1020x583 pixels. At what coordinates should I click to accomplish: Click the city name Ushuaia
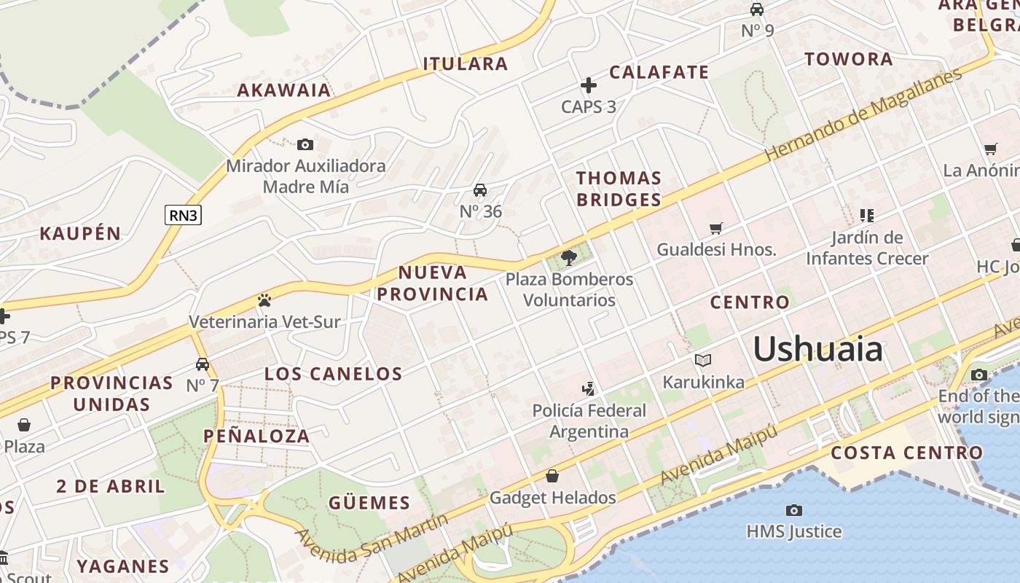point(817,349)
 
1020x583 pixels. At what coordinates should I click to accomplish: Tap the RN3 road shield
point(183,214)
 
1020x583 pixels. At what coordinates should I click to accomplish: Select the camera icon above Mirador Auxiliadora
point(305,144)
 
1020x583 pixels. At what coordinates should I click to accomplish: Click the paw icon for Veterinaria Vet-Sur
point(264,300)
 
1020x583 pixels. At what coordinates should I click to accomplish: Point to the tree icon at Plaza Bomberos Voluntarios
point(569,257)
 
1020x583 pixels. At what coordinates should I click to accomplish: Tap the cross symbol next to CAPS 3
point(588,85)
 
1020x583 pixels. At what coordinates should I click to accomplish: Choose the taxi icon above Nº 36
point(480,190)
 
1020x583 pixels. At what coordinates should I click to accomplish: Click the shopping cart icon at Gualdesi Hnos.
point(716,228)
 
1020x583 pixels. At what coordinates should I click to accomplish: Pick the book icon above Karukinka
point(703,360)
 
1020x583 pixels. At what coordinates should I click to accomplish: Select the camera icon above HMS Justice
point(794,510)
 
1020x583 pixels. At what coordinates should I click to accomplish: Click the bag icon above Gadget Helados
point(552,476)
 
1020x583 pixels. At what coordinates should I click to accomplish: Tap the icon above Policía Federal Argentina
point(589,388)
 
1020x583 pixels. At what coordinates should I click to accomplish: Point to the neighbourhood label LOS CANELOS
point(333,374)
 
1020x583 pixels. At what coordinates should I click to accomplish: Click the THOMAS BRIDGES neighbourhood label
point(619,189)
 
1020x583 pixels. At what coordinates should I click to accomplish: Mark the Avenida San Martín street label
point(372,539)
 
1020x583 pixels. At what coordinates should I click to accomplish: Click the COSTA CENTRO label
point(906,453)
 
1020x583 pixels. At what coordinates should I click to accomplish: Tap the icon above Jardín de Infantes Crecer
point(866,215)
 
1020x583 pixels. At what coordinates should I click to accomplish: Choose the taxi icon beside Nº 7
point(203,364)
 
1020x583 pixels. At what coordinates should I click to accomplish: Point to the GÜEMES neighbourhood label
point(369,503)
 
